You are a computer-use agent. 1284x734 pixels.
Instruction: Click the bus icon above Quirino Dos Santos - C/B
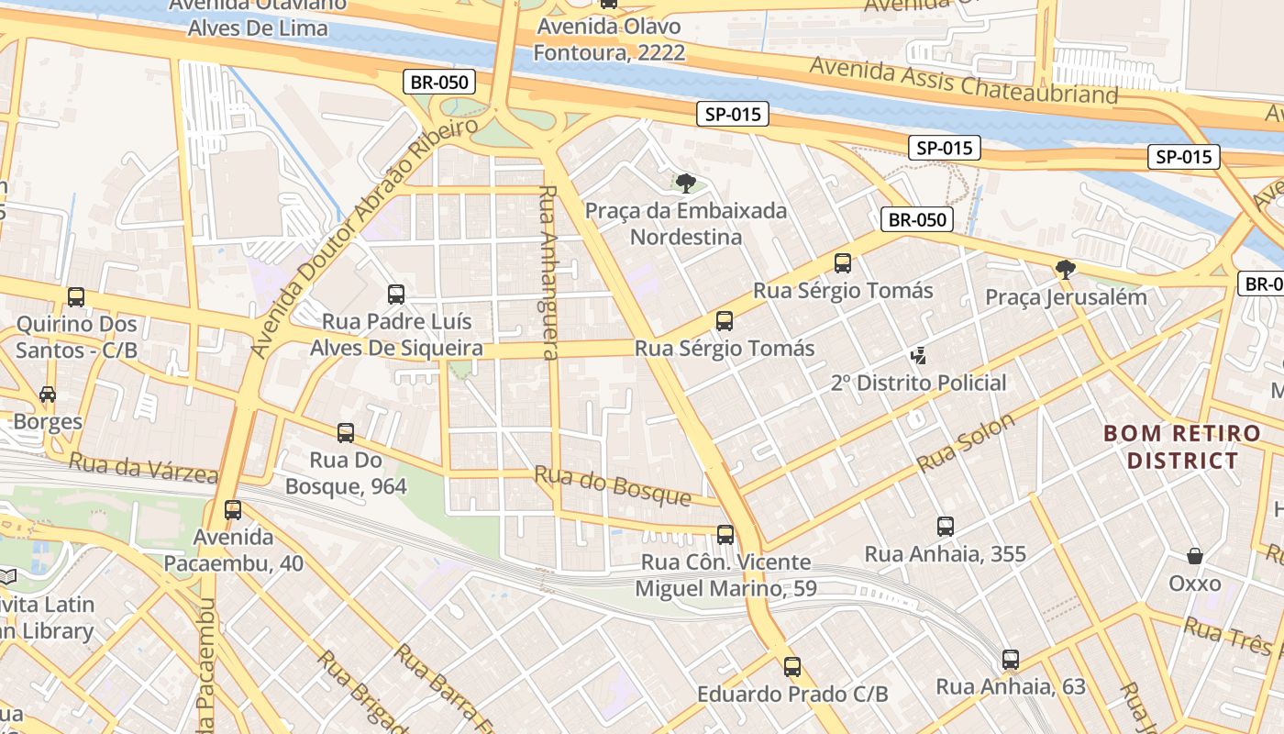pos(76,297)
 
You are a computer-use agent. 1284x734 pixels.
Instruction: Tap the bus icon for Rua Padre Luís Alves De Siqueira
pos(396,295)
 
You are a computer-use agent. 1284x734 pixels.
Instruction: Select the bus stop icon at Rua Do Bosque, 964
pos(346,433)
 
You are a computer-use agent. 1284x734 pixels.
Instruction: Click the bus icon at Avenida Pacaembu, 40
pos(233,510)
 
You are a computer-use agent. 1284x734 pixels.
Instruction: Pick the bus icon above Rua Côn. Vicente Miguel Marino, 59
pos(725,535)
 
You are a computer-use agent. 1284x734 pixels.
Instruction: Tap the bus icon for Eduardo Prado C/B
pos(792,668)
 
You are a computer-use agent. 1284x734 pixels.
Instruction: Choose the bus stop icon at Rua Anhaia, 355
pos(946,527)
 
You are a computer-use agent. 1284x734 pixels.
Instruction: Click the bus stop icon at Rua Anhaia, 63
pos(1011,660)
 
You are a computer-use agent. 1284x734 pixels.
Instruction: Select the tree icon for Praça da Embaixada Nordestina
pos(685,183)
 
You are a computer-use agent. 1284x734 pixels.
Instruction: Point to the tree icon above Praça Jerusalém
pos(1066,270)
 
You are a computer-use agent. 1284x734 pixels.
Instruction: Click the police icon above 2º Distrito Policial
pos(918,355)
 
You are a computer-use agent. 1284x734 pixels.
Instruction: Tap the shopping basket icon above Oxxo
pos(1195,556)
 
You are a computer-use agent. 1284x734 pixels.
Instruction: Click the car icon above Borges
pos(48,395)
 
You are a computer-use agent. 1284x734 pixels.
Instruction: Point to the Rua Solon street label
pos(966,442)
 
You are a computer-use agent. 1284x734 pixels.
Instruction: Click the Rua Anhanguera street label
pos(548,272)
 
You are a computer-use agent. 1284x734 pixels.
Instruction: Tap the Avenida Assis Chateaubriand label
pos(964,81)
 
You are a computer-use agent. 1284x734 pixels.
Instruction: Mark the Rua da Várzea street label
pos(143,468)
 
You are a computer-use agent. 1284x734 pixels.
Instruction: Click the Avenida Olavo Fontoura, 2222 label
pos(609,39)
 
